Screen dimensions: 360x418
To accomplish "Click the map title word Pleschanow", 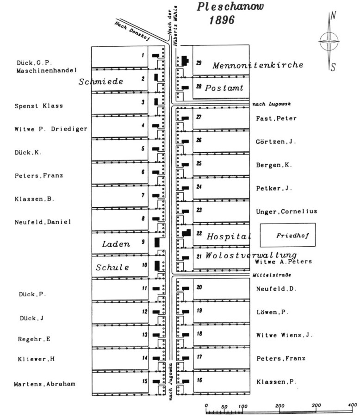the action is [x=230, y=6].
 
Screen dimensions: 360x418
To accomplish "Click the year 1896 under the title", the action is [x=222, y=20].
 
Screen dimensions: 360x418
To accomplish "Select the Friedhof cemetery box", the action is [x=288, y=235].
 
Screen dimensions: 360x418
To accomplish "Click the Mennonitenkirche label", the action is [x=258, y=65].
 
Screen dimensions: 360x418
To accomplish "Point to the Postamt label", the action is [x=224, y=87].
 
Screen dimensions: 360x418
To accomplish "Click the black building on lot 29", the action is [x=185, y=61].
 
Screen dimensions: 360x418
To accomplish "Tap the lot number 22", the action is [x=199, y=233].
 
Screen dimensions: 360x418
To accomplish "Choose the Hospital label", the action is [x=229, y=237].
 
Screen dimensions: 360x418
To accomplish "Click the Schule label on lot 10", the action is [x=112, y=268].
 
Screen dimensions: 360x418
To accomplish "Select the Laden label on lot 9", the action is [x=116, y=244].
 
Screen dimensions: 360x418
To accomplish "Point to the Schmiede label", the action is [x=101, y=81].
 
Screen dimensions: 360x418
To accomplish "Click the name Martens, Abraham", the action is [x=44, y=384].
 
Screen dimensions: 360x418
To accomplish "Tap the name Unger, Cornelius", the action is [x=287, y=212].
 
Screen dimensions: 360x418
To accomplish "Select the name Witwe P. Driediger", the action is [x=51, y=129].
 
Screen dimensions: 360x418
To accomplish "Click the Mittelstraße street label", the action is [x=272, y=275].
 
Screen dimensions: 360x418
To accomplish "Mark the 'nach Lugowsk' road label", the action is [x=272, y=104].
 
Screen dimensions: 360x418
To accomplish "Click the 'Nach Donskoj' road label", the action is [x=132, y=31].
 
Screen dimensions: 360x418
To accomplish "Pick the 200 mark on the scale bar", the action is [x=280, y=406].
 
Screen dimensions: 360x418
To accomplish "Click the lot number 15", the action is [x=145, y=381].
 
